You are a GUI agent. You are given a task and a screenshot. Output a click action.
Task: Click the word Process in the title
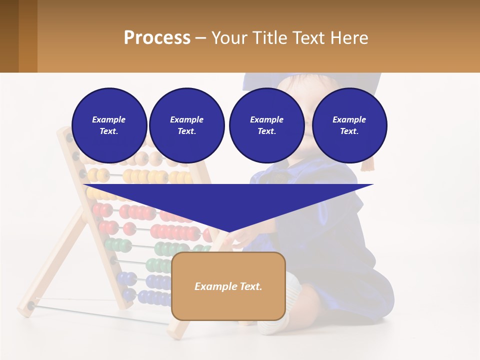click(157, 38)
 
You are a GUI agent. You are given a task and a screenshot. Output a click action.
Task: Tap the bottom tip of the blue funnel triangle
click(228, 231)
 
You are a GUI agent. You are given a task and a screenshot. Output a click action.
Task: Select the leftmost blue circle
click(109, 125)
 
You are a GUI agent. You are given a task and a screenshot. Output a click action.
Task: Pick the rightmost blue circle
click(349, 125)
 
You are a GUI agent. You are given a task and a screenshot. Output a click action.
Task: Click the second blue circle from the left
click(186, 125)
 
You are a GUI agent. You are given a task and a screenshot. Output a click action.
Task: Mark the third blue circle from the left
click(266, 125)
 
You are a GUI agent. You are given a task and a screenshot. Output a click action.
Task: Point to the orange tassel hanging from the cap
click(368, 163)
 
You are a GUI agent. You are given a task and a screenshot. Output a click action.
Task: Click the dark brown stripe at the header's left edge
click(9, 36)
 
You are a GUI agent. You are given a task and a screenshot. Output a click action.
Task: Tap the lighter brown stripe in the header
click(28, 36)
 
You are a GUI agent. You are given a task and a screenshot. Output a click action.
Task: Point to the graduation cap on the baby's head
click(310, 80)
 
